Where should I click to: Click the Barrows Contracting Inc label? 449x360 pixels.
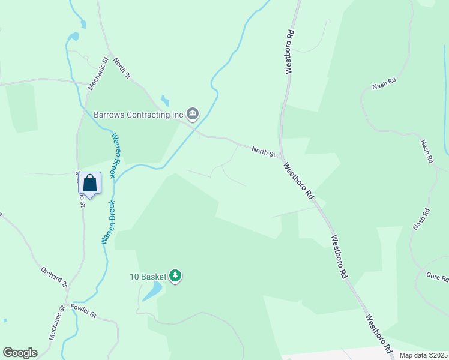[138, 114]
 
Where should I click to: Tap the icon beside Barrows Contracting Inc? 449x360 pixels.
[193, 113]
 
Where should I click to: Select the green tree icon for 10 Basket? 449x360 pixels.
[175, 276]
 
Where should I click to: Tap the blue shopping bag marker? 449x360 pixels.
[90, 183]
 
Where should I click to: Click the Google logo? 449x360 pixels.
[20, 353]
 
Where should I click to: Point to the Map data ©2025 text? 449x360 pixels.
[423, 355]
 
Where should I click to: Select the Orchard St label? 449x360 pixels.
[53, 275]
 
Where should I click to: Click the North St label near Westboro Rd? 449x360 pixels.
[263, 152]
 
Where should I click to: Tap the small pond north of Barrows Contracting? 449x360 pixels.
[164, 101]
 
